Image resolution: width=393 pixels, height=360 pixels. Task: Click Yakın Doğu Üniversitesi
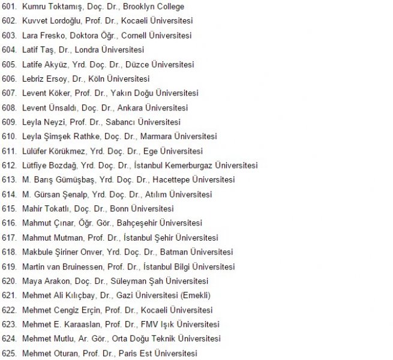[154, 93]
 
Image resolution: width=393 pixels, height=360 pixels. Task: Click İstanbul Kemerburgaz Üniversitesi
[199, 165]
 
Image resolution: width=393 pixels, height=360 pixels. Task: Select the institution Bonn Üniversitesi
[142, 209]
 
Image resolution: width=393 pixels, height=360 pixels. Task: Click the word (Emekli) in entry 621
[195, 295]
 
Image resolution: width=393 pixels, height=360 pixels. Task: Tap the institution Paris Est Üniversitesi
[157, 353]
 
